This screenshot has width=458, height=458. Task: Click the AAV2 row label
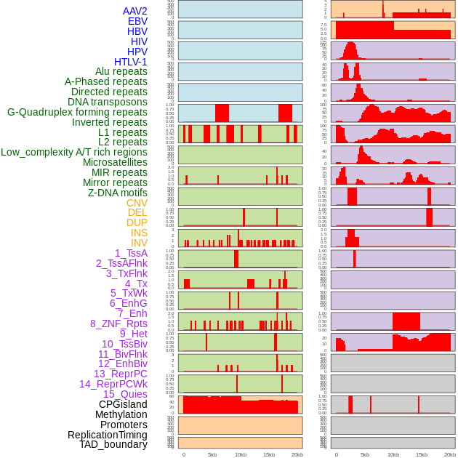(x=135, y=11)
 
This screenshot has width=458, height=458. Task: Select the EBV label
(x=137, y=21)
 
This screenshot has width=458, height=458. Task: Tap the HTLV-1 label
(x=131, y=62)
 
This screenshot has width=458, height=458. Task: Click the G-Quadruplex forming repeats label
(x=77, y=112)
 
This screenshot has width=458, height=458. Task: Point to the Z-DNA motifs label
(x=118, y=193)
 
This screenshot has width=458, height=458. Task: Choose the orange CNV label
(x=137, y=203)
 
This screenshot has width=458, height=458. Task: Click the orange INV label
(x=139, y=243)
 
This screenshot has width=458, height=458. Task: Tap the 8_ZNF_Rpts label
(x=118, y=324)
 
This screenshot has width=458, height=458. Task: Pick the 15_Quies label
(x=125, y=394)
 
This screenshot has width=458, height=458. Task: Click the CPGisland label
(x=123, y=404)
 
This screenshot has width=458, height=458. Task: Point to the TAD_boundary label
(x=113, y=444)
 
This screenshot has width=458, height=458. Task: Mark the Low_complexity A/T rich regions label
(x=74, y=152)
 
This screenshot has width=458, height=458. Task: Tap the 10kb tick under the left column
(x=240, y=454)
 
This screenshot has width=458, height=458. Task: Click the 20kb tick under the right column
(x=450, y=454)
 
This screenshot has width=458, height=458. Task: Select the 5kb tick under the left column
(x=212, y=454)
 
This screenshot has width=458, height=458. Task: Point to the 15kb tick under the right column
(x=421, y=454)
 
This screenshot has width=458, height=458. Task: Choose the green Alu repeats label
(x=121, y=71)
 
